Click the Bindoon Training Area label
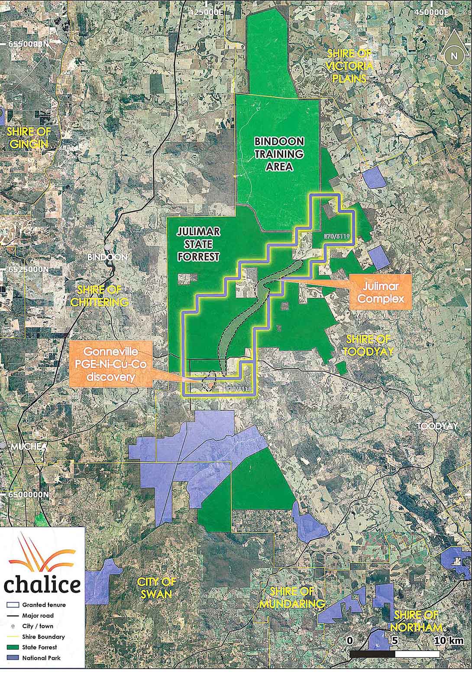279,154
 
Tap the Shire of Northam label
418,621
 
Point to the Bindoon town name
107,257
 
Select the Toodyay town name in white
437,426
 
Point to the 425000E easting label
206,13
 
